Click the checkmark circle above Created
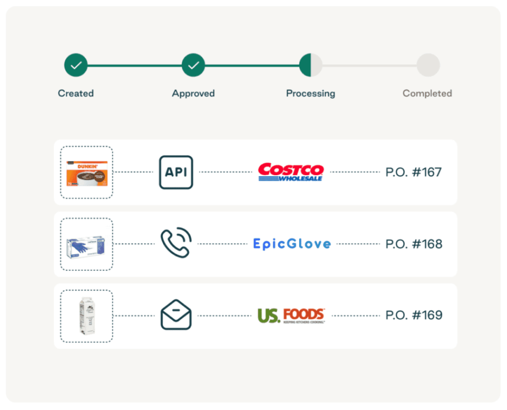pos(76,65)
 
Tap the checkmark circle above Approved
pos(193,65)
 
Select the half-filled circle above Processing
pos(310,65)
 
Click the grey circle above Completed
pos(428,65)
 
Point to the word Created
pos(76,93)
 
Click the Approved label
pos(193,93)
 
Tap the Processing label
pos(310,93)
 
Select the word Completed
pos(427,93)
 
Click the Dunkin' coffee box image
pos(87,173)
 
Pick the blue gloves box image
pos(87,244)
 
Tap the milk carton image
pos(86,316)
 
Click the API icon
pos(176,172)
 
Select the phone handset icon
pos(176,243)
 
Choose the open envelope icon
pos(176,315)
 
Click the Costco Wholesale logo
pos(291,172)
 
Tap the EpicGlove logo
pos(292,244)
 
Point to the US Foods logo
pos(291,315)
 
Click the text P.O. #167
pos(413,172)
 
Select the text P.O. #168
pos(413,244)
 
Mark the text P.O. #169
pos(413,316)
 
